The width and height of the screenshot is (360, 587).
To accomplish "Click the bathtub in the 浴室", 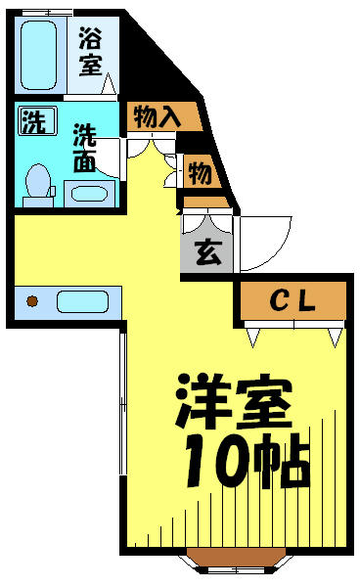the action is (38, 55).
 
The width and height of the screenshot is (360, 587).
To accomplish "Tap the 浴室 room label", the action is (90, 53).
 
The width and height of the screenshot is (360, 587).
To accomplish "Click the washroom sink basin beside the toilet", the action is (90, 194).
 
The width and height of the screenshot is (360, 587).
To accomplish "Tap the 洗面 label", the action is (84, 148).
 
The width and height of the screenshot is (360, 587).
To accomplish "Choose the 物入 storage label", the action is (157, 116).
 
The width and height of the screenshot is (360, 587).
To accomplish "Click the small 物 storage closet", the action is (200, 172).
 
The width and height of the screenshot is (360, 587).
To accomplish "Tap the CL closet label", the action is (293, 300).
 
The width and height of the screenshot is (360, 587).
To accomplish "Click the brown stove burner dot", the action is (32, 301).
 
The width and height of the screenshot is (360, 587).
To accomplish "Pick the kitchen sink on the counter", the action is (83, 301).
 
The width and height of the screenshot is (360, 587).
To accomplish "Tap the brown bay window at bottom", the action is (236, 558).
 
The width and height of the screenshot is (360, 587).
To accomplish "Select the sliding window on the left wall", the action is (123, 403).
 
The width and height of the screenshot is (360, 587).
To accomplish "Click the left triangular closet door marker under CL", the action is (253, 338).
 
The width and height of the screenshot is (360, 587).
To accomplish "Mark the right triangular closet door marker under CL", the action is (336, 338).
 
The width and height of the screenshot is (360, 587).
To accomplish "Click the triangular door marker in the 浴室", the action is (109, 84).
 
